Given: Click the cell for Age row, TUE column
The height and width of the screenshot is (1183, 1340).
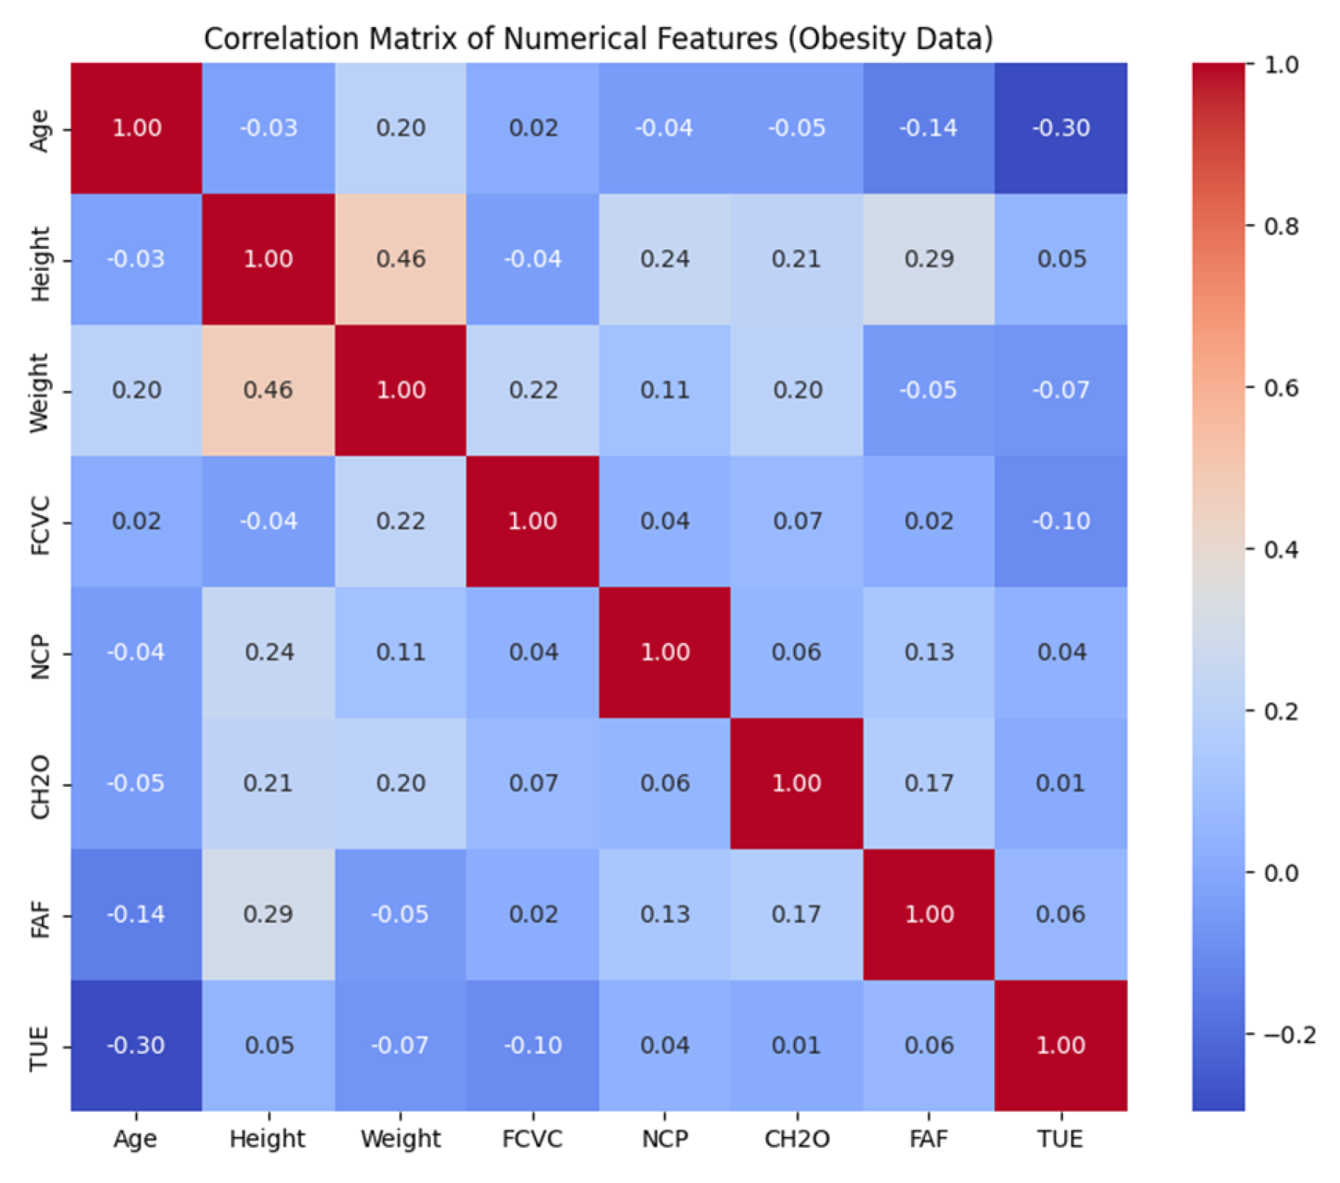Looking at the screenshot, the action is coord(1061,128).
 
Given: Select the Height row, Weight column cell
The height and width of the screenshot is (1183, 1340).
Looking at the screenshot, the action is coord(400,259).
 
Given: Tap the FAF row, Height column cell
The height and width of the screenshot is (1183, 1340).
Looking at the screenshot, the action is coord(268,915).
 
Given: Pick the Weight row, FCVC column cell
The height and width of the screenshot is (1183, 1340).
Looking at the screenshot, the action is coord(533,390).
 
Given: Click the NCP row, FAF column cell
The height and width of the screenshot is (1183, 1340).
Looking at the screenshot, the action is coord(929,653).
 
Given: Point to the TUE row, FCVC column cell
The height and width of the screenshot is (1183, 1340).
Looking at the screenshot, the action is coord(533,1046).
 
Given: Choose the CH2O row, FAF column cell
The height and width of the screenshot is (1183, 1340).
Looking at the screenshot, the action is coord(929,784).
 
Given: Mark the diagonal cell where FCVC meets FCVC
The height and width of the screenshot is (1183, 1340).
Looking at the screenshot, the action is coord(533,522).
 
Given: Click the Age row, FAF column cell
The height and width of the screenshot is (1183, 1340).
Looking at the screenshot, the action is coord(929,128).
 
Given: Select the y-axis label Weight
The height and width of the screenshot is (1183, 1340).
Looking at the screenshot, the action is coord(39,392).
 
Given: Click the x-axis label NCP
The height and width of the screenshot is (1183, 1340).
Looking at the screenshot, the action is coord(665,1139).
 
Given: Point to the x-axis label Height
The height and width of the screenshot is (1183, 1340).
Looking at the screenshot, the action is coord(268,1140).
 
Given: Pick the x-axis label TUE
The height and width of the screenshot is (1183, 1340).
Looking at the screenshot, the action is coord(1061,1139).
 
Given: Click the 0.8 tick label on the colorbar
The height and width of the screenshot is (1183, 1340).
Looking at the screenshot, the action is coord(1281,227).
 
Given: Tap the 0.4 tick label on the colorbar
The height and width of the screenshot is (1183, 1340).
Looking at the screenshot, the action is coord(1281,550).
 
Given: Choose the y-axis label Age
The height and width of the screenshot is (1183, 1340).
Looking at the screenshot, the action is coord(39,130).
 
